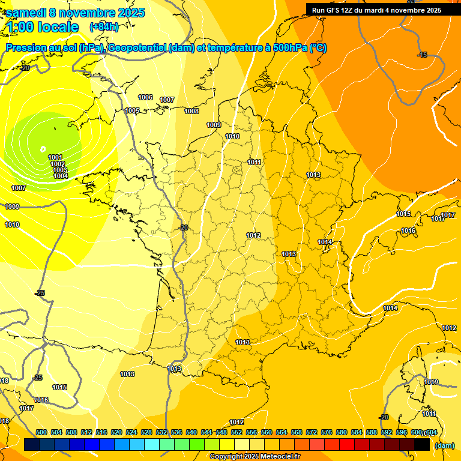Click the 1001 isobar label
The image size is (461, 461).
point(55,157)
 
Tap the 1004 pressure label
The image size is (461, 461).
point(61,176)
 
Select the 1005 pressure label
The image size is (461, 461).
point(132,111)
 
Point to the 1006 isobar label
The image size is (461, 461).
point(145,97)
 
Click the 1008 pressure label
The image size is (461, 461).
point(191,111)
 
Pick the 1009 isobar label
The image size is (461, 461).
point(214,125)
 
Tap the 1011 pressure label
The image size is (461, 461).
point(255,162)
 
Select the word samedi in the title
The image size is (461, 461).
point(28,13)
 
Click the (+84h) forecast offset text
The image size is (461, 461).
point(103,26)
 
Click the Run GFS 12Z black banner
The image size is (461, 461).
point(376,10)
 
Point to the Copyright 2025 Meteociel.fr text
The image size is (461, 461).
point(255,456)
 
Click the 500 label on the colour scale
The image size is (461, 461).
point(41,432)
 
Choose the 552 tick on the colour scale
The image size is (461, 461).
point(237,432)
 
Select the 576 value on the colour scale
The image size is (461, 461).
point(327,432)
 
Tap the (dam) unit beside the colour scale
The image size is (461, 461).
point(444,445)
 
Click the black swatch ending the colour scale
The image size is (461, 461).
point(422,444)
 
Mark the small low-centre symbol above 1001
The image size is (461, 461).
point(43,148)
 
